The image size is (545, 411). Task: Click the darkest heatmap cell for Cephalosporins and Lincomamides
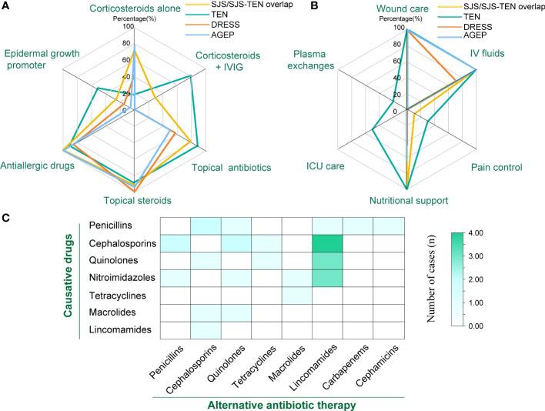point(327,244)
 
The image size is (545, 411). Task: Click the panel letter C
point(6,219)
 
